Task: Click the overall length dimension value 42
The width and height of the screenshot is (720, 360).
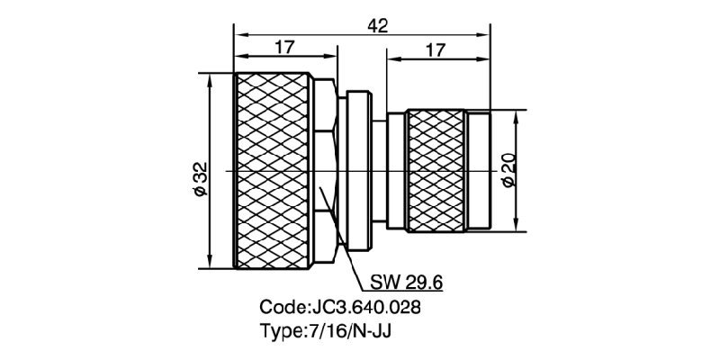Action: (x=378, y=26)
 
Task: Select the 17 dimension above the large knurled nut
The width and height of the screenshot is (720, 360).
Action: (x=284, y=49)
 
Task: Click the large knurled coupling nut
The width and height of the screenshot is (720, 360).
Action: (x=274, y=170)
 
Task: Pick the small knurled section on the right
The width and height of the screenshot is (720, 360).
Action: (x=436, y=170)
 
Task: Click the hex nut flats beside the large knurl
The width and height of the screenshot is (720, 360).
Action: (x=328, y=170)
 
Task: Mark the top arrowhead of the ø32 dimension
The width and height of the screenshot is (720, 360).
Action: (x=210, y=78)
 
